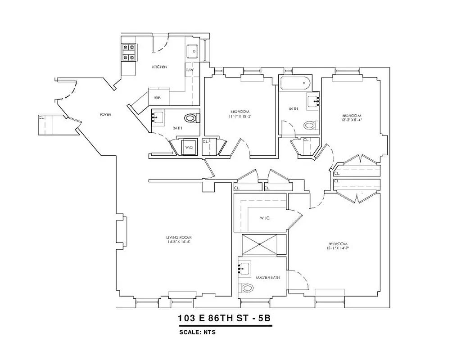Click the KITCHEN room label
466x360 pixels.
point(159,67)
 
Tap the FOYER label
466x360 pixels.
point(105,115)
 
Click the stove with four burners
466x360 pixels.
point(128,52)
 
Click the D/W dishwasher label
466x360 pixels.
point(190,70)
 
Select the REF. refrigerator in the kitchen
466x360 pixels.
point(158,97)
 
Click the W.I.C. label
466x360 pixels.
point(265,219)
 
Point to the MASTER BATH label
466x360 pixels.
point(267,278)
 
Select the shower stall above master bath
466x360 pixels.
point(263,245)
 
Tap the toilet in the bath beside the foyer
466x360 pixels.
point(192,119)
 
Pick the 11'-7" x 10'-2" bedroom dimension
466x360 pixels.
point(240,116)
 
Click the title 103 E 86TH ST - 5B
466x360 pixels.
point(224,319)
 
